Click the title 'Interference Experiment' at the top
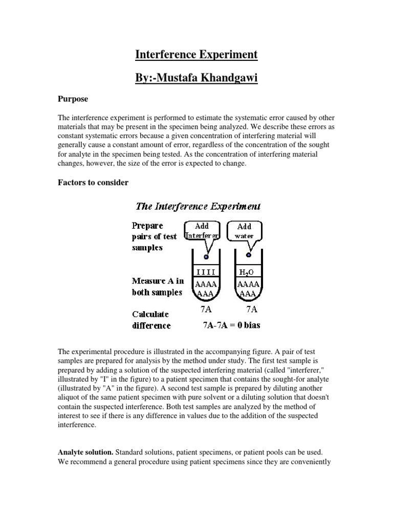tap(196, 54)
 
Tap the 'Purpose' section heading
tap(73, 99)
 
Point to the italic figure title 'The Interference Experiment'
tap(198, 206)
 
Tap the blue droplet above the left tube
tap(206, 256)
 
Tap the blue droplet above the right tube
tap(249, 254)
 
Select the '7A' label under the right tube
tap(251, 309)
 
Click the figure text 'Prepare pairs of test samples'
tap(154, 236)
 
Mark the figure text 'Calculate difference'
tap(151, 319)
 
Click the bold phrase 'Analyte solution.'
tap(85, 452)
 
